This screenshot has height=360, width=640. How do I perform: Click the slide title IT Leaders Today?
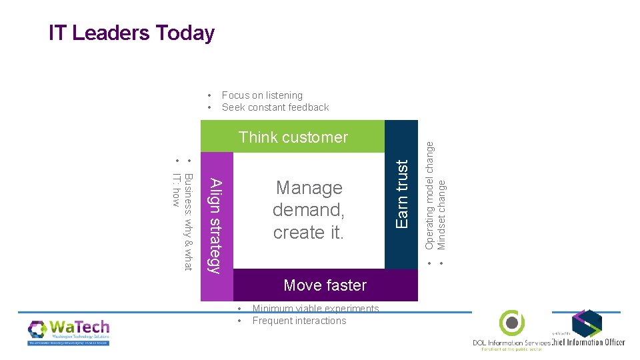pyautogui.click(x=131, y=33)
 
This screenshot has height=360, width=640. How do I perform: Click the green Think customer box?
pyautogui.click(x=293, y=137)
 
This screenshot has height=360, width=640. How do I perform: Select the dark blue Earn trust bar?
pyautogui.click(x=401, y=194)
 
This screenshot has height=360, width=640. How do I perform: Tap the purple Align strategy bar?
pyautogui.click(x=217, y=224)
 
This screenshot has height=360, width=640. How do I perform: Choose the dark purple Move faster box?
pyautogui.click(x=325, y=285)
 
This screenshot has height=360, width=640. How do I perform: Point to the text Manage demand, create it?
pyautogui.click(x=309, y=210)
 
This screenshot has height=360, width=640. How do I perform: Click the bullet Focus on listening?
pyautogui.click(x=262, y=95)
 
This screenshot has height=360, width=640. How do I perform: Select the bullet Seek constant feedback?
pyautogui.click(x=275, y=107)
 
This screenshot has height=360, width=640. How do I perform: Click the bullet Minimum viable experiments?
pyautogui.click(x=315, y=309)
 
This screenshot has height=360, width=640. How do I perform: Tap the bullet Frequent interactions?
pyautogui.click(x=299, y=321)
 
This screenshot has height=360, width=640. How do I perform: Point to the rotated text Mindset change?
pyautogui.click(x=441, y=211)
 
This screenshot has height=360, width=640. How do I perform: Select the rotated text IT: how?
pyautogui.click(x=176, y=189)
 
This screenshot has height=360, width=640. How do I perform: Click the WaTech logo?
pyautogui.click(x=69, y=331)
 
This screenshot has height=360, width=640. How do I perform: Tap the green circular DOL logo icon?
pyautogui.click(x=511, y=323)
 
